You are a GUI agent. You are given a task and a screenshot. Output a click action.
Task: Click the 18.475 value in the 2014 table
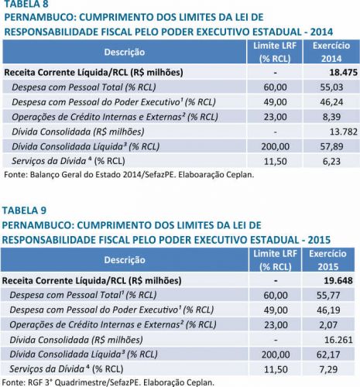(343, 73)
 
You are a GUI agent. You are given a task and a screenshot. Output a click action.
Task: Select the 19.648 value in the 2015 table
(338, 280)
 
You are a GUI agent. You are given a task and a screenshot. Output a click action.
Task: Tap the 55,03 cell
(331, 87)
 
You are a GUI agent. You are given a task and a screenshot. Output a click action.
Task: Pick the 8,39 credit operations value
(331, 117)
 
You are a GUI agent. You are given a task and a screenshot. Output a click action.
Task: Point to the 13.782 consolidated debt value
(344, 132)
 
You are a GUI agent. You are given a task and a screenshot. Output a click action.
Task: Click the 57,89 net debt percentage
(331, 146)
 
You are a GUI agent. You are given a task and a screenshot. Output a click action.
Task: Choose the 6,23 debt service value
(331, 162)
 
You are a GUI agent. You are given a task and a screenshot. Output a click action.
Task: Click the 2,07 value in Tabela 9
(328, 325)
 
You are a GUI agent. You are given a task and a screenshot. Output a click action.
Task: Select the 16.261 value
(338, 340)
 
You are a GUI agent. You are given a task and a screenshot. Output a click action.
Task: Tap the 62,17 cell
(328, 354)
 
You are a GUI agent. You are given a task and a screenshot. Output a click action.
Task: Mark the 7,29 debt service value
(328, 369)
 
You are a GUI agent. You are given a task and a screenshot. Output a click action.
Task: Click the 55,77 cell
(328, 295)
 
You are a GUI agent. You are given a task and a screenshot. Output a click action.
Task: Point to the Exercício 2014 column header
(331, 52)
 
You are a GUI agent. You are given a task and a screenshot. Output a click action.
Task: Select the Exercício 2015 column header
(327, 260)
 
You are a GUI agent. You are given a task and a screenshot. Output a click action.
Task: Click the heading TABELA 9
(24, 211)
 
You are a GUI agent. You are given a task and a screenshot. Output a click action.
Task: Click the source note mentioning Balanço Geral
(129, 175)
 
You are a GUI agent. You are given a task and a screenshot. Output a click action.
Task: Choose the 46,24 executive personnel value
(331, 102)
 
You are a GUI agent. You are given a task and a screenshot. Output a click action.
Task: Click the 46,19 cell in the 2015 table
(328, 310)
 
